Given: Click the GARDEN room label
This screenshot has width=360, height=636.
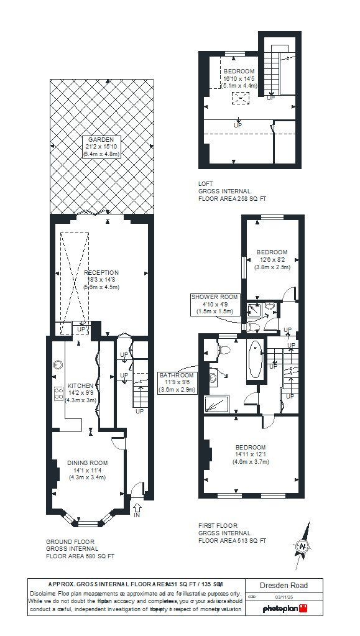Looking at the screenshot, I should pyautogui.click(x=101, y=140).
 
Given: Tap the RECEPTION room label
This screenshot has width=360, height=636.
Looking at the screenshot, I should pyautogui.click(x=101, y=272).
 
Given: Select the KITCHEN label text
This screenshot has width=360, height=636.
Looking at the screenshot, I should pyautogui.click(x=80, y=385).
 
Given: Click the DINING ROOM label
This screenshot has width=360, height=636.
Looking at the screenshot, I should pyautogui.click(x=88, y=463).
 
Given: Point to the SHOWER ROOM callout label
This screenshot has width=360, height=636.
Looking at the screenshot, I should pyautogui.click(x=215, y=297).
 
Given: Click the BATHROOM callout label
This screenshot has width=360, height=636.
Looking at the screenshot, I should pyautogui.click(x=177, y=376).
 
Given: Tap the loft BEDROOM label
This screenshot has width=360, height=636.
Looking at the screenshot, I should pyautogui.click(x=239, y=71).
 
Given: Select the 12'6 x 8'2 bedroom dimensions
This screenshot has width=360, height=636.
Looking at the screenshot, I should pyautogui.click(x=272, y=259).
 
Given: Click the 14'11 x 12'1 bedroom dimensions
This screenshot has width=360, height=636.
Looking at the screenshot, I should pyautogui.click(x=250, y=454).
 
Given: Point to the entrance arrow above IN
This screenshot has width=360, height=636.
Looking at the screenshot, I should pyautogui.click(x=137, y=509).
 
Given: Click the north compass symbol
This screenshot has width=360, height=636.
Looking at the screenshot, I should pyautogui.click(x=303, y=546).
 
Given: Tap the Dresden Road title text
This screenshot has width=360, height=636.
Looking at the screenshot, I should pyautogui.click(x=284, y=586).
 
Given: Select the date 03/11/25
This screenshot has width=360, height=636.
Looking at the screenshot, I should pyautogui.click(x=276, y=597).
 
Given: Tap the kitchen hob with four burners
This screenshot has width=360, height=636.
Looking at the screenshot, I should pyautogui.click(x=60, y=393).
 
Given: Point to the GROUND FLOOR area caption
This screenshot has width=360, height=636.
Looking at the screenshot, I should pyautogui.click(x=80, y=549).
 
